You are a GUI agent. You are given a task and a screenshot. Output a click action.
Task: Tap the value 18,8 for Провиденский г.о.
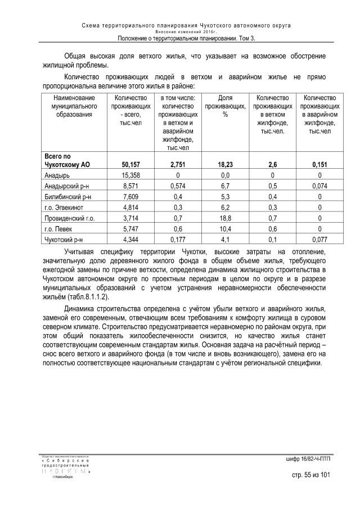click(x=225, y=218)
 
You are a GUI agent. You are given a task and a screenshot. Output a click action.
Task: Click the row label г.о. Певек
click(x=60, y=229)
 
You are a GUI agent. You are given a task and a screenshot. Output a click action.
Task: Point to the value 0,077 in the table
click(x=319, y=240)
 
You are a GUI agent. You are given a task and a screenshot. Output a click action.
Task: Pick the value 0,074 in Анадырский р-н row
click(x=319, y=186)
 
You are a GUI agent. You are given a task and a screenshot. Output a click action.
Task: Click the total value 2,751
click(x=178, y=165)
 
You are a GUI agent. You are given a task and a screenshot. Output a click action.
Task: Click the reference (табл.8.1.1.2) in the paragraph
click(x=88, y=296)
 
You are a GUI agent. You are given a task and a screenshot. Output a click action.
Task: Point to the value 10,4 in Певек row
click(x=225, y=229)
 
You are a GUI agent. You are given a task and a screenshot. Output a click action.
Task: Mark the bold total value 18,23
click(x=225, y=165)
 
